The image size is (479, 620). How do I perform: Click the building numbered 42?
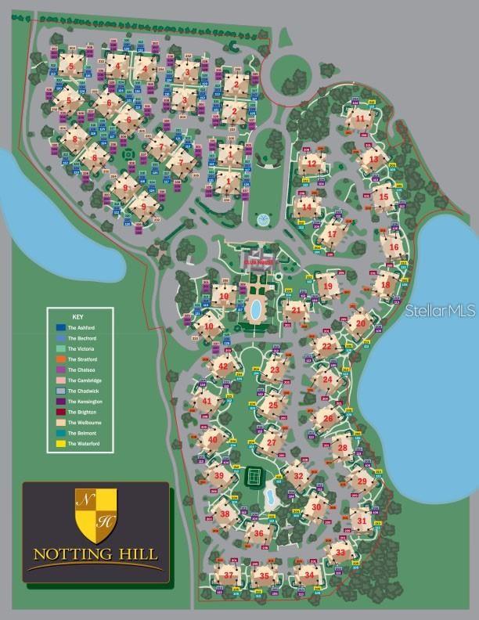224,366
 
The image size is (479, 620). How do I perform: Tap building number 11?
360,119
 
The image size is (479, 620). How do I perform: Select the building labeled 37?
229,575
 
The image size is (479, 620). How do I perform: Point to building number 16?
394,247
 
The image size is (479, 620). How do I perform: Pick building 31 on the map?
360,519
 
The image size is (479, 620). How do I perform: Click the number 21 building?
296,309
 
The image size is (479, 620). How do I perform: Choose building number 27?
271,442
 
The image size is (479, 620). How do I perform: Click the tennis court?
254,475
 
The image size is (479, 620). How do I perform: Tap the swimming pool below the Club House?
255,308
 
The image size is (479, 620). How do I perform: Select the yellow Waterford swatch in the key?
60,443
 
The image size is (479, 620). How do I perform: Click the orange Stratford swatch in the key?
60,359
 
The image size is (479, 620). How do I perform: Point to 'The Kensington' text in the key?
85,401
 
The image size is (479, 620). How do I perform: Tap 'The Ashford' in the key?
81,327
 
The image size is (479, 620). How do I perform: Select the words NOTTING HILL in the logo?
95,553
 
